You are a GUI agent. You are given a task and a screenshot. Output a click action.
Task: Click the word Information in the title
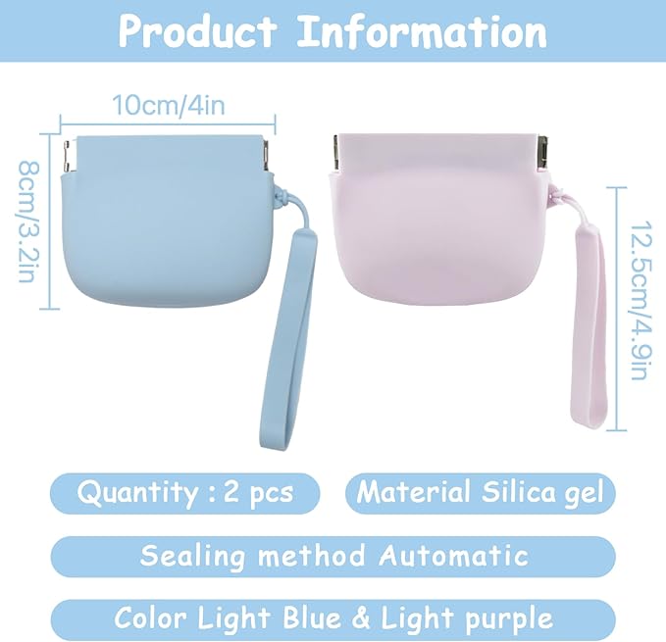tap(422, 31)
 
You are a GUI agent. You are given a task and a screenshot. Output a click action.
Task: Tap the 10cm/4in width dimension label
tap(167, 105)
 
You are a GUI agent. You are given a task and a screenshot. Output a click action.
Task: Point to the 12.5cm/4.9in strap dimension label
tap(639, 307)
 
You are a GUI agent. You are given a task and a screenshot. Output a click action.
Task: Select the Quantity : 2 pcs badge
tap(185, 492)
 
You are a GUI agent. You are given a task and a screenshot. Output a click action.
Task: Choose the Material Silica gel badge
tap(480, 492)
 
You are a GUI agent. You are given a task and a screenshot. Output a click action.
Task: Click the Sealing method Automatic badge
tap(333, 556)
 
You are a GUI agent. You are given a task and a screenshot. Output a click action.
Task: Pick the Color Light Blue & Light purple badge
tap(333, 618)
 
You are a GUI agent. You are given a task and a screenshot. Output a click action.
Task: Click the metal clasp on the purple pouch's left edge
tap(335, 152)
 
